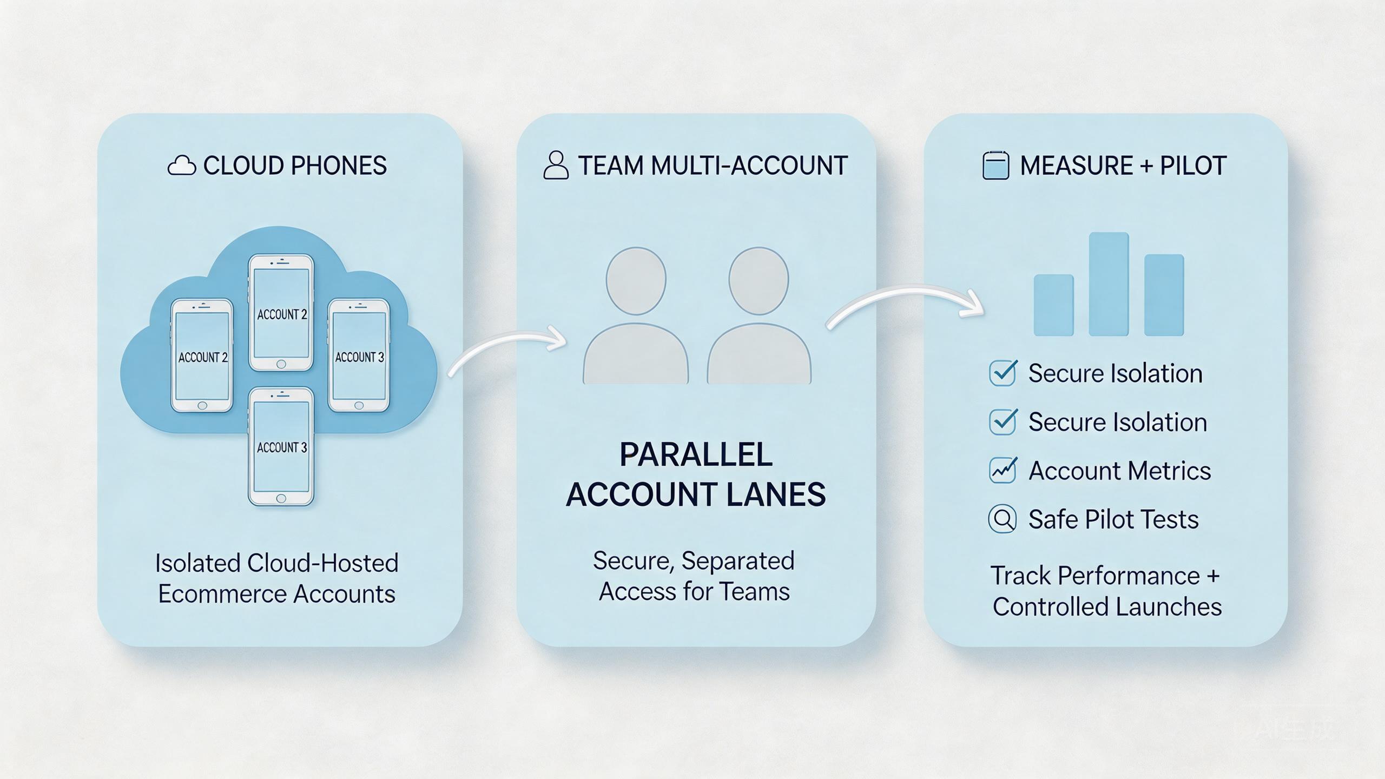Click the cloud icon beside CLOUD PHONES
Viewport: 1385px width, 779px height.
[x=182, y=166]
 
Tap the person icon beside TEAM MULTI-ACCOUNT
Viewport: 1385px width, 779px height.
[x=556, y=165]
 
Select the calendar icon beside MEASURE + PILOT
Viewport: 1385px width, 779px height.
[x=995, y=165]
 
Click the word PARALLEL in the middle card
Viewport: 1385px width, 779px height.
[x=696, y=454]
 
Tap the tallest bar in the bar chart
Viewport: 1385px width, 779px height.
[x=1109, y=284]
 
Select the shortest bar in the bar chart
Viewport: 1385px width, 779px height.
[x=1053, y=305]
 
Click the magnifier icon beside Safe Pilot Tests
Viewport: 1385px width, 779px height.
[x=1003, y=519]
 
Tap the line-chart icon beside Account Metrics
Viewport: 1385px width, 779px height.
[x=1003, y=470]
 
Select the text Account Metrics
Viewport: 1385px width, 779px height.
[x=1119, y=471]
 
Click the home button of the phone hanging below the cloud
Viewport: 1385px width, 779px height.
[x=281, y=498]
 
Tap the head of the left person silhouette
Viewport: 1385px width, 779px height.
[x=636, y=281]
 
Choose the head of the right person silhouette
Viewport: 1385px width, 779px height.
[x=759, y=281]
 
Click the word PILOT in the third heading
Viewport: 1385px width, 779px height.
[x=1193, y=166]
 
